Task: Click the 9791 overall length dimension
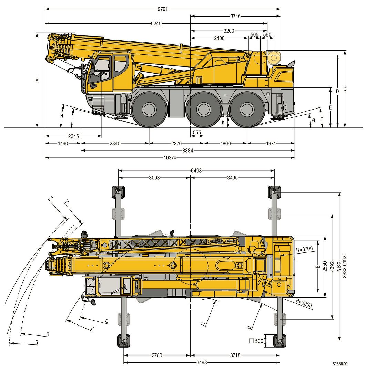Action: point(163,9)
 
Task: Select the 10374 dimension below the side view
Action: point(170,158)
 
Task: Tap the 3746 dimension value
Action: point(235,16)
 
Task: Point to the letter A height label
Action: point(37,81)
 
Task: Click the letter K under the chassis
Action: point(223,122)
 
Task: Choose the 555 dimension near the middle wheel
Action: point(197,132)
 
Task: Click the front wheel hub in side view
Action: point(150,110)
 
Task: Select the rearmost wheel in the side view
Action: point(247,110)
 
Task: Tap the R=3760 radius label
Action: point(304,249)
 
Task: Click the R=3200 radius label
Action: point(304,303)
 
